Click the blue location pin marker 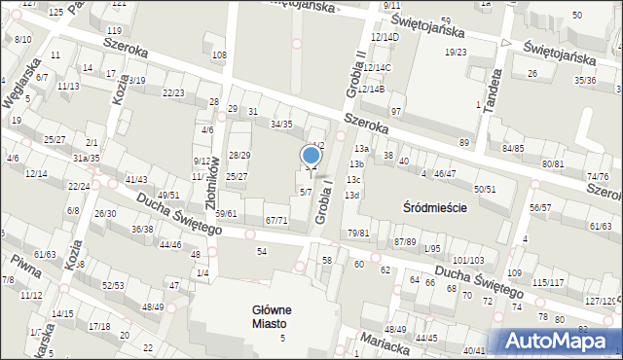click(x=311, y=156)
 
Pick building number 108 click(x=219, y=54)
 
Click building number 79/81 click(x=358, y=233)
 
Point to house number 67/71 click(x=276, y=221)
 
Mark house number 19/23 click(x=456, y=53)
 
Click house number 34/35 click(x=281, y=125)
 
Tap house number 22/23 click(x=173, y=93)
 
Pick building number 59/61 click(x=226, y=213)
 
